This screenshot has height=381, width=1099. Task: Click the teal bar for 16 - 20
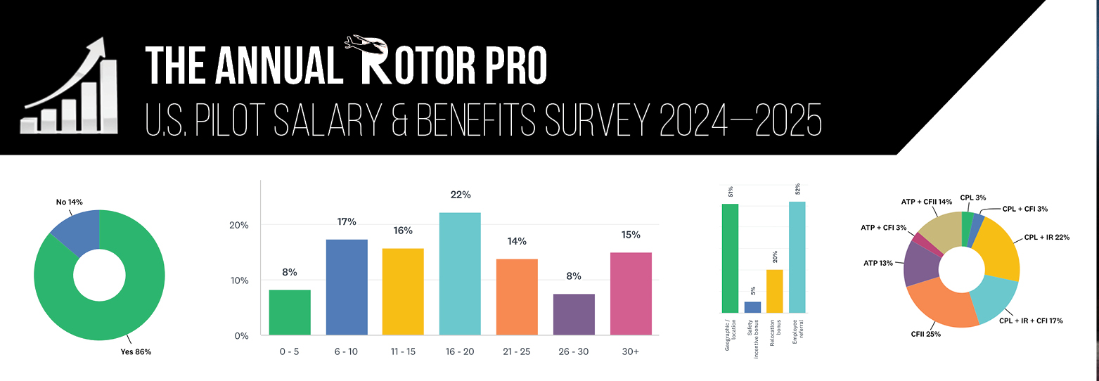(x=460, y=274)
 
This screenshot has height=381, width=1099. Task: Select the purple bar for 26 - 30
(x=574, y=314)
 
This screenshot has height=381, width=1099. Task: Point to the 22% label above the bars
(x=460, y=195)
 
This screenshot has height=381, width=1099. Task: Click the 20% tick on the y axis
(x=240, y=226)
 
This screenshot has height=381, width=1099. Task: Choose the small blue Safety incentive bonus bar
(x=752, y=307)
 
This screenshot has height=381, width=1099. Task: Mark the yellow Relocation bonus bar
(x=774, y=291)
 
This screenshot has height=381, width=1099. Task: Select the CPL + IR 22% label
(x=1047, y=237)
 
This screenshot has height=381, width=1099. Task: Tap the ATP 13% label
(x=878, y=263)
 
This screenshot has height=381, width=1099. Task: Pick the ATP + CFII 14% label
(x=926, y=202)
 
